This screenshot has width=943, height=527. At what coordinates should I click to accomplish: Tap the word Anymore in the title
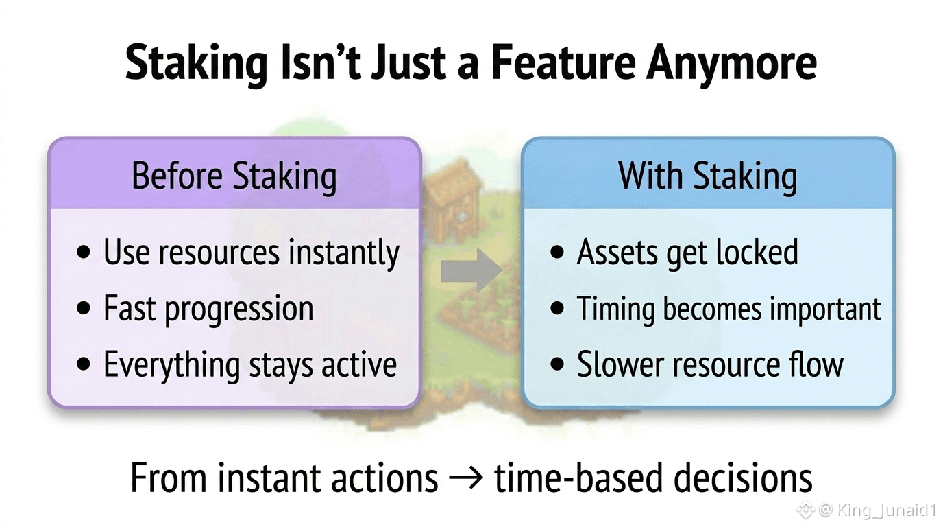[732, 65]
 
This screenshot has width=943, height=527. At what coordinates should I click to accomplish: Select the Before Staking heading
[234, 176]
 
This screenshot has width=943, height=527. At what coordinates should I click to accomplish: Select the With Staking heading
[708, 176]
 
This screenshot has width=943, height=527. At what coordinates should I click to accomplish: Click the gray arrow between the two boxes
[472, 270]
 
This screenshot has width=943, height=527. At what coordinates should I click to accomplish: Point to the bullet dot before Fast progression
[84, 308]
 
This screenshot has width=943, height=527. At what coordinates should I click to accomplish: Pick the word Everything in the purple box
[172, 365]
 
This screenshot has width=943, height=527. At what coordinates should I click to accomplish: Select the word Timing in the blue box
[616, 309]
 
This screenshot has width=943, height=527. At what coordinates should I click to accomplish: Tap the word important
[826, 309]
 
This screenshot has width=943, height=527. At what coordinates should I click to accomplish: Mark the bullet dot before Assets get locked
[557, 252]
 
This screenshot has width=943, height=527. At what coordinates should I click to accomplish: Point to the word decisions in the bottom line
[743, 478]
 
